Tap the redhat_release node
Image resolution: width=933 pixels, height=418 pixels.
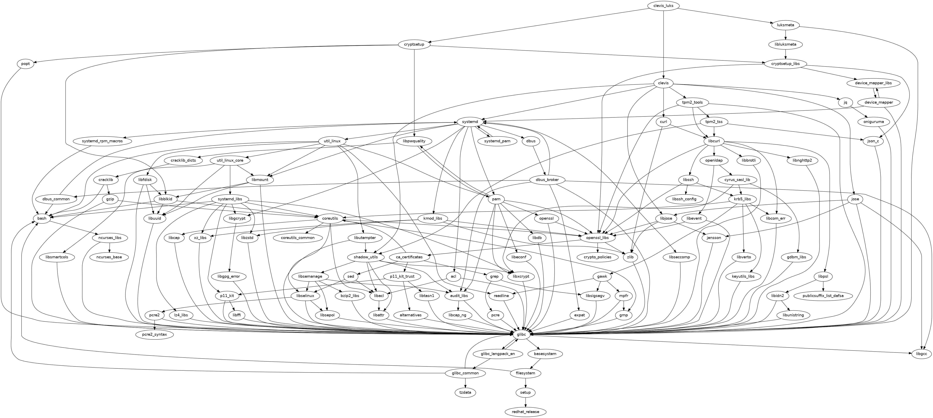click(525, 412)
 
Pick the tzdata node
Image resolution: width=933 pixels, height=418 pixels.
click(465, 392)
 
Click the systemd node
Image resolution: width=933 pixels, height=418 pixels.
click(470, 122)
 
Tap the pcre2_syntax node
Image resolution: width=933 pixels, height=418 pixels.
click(154, 334)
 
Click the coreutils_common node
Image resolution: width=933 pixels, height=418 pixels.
click(298, 238)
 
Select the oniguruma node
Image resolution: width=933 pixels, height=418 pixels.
click(873, 122)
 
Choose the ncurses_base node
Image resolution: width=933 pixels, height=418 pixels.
click(109, 257)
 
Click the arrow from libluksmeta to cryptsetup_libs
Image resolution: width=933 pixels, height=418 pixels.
click(785, 54)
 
